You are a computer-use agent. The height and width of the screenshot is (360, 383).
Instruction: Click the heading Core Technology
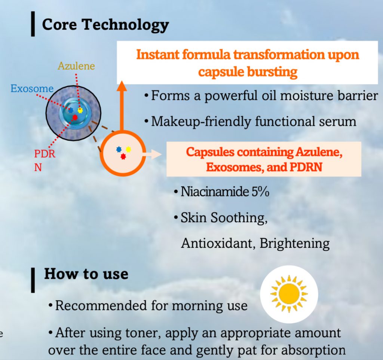click(105, 25)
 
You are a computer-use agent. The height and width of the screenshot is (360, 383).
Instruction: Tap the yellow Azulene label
click(76, 67)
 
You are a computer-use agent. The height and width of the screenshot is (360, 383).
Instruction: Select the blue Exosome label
click(32, 89)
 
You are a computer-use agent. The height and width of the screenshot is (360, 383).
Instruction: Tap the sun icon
click(289, 293)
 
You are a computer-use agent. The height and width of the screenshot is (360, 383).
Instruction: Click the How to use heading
click(86, 274)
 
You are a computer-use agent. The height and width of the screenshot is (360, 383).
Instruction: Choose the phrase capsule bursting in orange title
click(248, 71)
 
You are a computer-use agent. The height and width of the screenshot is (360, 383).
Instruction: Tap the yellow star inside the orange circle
click(128, 149)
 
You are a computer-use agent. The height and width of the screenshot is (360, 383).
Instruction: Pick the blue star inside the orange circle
click(119, 149)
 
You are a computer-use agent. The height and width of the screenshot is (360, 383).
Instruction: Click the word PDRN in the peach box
click(306, 167)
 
